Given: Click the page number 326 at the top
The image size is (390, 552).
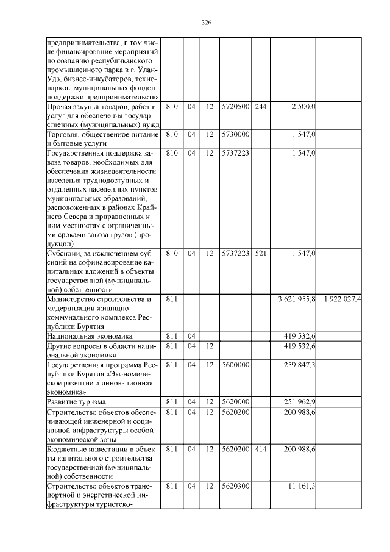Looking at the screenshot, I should click(206, 23).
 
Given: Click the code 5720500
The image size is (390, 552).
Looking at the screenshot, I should click(235, 107).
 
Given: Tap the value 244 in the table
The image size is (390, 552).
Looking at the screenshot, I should click(260, 107).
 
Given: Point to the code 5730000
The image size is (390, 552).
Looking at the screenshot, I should click(235, 133).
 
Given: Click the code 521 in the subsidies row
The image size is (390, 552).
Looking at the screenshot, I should click(260, 253).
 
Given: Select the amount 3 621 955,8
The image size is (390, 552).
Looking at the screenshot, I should click(296, 299).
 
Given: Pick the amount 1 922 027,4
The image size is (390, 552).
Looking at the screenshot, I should click(342, 299).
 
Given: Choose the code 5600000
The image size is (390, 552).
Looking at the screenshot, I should click(235, 364).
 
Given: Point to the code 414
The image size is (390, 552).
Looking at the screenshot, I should click(260, 449).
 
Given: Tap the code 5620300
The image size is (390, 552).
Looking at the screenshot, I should click(235, 486).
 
